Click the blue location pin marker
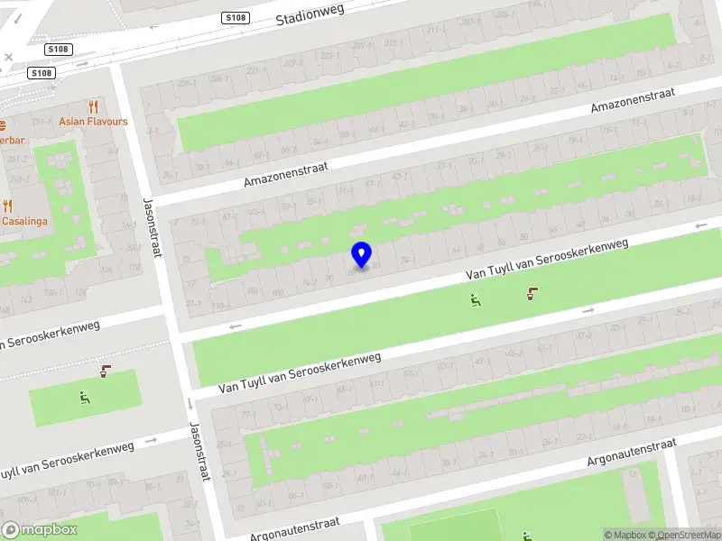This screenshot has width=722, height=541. point(361,254)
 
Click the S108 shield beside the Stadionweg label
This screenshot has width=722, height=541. point(236,18)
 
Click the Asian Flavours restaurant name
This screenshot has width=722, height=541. point(93,122)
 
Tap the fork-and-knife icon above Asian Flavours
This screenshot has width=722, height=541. point(93,106)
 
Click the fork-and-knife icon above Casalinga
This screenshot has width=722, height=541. point(7,206)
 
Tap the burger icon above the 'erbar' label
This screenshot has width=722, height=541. point(3,124)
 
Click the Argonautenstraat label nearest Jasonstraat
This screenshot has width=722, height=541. point(296,529)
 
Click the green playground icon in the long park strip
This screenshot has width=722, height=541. point(475,300)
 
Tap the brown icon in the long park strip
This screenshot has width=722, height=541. point(532,292)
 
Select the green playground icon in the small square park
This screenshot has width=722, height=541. point(85,396)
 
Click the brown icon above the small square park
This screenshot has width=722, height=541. point(106,370)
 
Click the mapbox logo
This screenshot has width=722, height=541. point(40,530)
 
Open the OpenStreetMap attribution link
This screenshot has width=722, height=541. point(689,535)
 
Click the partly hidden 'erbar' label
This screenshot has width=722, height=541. point(12,140)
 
